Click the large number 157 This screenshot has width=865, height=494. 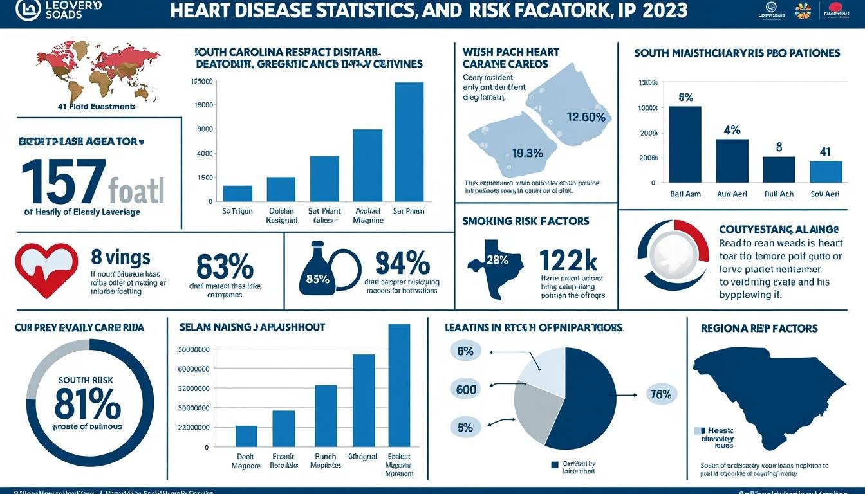[62, 181]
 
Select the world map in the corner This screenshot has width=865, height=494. [97, 69]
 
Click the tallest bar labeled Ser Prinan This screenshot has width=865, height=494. [409, 142]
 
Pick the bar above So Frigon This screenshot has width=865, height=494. [237, 193]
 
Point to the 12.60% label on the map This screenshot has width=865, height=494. [586, 117]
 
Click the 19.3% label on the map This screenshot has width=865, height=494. [527, 153]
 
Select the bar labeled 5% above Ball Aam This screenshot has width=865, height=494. [685, 144]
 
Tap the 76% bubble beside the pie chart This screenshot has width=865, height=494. [660, 395]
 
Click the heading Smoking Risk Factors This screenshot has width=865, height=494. [525, 221]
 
